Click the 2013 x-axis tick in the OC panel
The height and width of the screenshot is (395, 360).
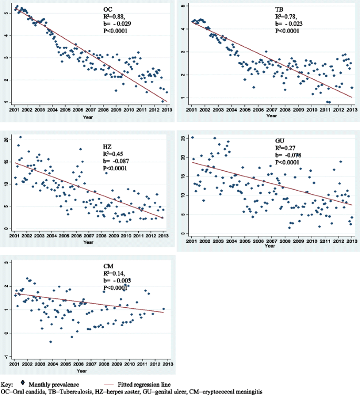164,111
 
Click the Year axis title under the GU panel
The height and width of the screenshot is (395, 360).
270,245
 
